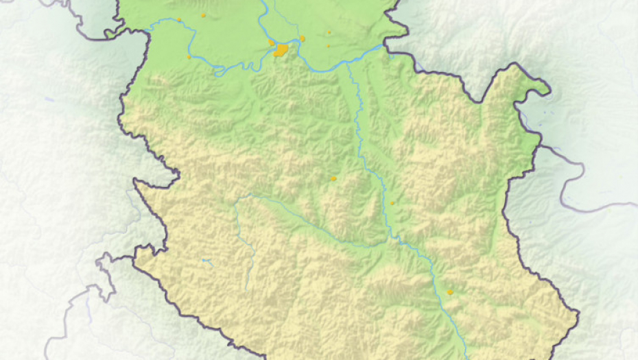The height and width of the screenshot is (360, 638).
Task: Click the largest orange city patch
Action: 281,50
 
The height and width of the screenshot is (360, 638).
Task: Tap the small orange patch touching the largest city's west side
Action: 272,43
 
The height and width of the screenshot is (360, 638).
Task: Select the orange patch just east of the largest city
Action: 302,38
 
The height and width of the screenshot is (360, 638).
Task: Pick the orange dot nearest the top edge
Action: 203,15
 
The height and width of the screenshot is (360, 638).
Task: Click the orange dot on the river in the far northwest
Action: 179,20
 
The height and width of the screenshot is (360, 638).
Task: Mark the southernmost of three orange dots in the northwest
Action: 189,57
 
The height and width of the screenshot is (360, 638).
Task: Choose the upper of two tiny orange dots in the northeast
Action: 329,32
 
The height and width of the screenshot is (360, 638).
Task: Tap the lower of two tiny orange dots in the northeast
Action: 328,46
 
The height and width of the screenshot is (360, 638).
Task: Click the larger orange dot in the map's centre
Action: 334,179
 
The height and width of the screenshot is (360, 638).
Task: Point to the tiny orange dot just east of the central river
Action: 392,203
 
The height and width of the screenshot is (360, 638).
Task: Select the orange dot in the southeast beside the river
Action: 450,292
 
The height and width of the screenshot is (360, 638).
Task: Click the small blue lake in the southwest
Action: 206,261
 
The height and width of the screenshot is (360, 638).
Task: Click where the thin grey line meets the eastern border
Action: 541,146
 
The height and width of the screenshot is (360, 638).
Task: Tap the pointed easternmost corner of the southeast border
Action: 579,315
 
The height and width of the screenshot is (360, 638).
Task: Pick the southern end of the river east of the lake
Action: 247,288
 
